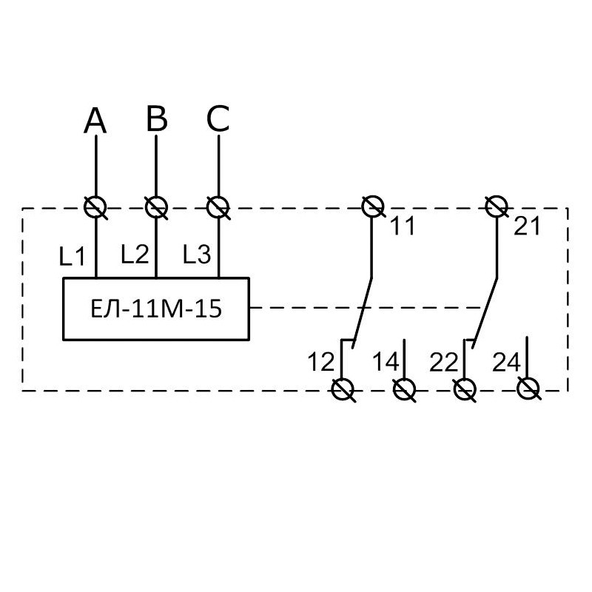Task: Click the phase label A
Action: coord(95,121)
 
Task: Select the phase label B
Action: coord(157,118)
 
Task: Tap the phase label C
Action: coord(218,118)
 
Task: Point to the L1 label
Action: coord(72,256)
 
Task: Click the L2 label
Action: coord(135,254)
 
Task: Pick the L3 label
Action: coord(197,254)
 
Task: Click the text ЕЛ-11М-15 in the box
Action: coord(156,309)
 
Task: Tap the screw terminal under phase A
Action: coord(95,207)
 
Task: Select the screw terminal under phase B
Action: coord(156,207)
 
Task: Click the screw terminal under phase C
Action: coord(218,207)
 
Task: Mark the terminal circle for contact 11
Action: coord(373,206)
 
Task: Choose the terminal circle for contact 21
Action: coord(497,206)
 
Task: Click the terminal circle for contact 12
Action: coord(343,389)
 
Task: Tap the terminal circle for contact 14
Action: coord(404,389)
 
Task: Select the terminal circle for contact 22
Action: coord(465,389)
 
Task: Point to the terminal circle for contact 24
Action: coord(528,388)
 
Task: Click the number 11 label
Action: coord(403,226)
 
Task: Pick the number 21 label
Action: coord(527,226)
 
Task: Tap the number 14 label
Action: coord(386,362)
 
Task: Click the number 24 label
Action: coord(507,362)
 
